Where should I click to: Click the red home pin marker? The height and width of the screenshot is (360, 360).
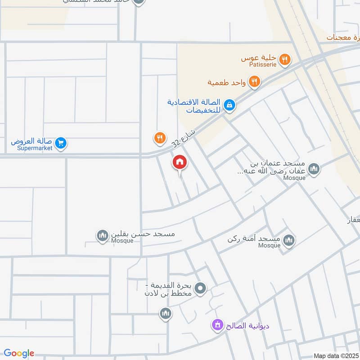180,162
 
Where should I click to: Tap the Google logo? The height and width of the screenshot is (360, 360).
19,353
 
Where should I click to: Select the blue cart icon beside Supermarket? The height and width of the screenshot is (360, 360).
62,144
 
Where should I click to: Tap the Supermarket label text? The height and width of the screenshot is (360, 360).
35,148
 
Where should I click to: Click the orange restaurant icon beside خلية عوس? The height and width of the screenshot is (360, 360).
284,58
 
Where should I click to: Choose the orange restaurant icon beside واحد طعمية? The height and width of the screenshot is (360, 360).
255,81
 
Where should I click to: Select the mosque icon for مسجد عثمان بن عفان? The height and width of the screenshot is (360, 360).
314,169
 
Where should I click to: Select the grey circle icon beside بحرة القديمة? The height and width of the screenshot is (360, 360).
201,288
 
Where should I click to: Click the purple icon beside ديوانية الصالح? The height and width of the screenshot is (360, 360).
218,324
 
